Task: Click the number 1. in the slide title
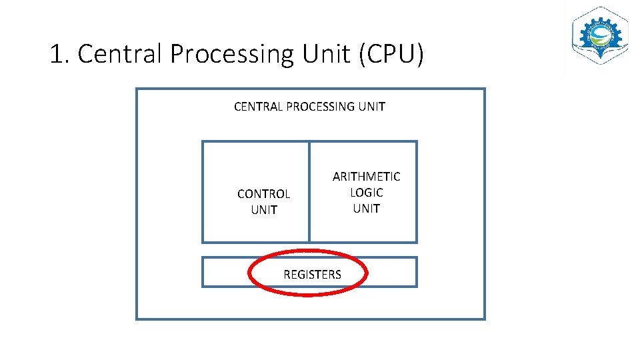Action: [60, 54]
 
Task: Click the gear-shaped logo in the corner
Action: [601, 36]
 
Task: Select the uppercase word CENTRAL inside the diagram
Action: [258, 107]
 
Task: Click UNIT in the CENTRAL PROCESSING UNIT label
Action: [372, 107]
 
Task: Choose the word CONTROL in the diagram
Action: [263, 194]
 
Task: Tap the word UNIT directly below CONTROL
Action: [263, 210]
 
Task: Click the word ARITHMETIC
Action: [366, 177]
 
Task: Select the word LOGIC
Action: [366, 193]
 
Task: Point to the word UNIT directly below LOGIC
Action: [366, 209]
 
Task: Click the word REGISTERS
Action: [312, 275]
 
